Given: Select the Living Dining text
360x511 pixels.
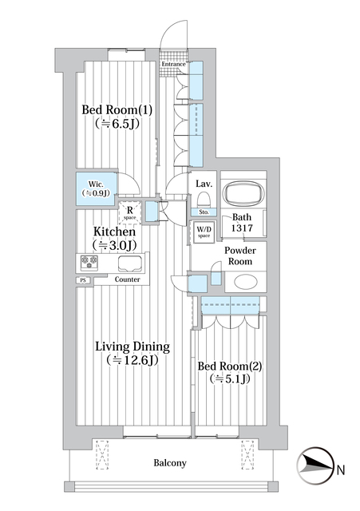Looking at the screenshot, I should click(133, 347).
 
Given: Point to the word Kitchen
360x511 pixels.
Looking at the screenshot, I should click(119, 232).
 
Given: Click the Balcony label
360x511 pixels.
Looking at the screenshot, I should click(170, 463).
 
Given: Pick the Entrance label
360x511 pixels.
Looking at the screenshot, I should click(174, 64).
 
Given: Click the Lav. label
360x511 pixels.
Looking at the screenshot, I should click(204, 183).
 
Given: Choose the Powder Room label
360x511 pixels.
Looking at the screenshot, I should click(239, 255).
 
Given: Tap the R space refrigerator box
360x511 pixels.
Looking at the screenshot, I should click(129, 212).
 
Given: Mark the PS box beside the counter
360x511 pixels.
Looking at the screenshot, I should click(82, 280).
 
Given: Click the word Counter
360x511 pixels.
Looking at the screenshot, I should click(128, 280).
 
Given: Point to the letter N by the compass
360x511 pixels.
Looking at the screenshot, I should click(341, 469).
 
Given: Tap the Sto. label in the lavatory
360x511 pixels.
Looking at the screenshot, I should click(204, 212).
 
